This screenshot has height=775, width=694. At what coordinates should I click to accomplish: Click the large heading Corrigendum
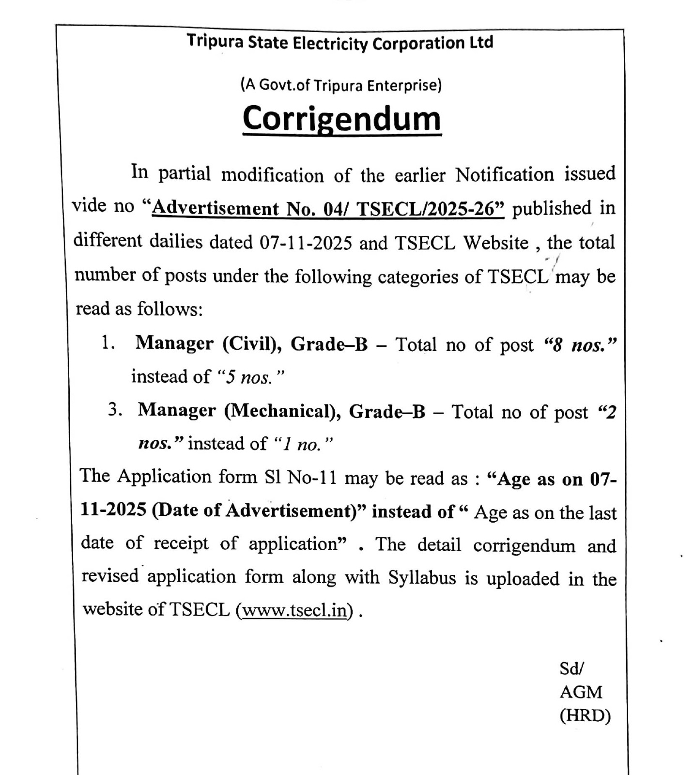342,119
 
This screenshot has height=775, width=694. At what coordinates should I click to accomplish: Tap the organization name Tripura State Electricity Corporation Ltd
340,43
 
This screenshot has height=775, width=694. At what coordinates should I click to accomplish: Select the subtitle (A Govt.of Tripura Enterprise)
341,85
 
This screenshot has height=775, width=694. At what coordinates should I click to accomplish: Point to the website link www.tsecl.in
294,610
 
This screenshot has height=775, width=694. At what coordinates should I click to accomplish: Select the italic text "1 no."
303,443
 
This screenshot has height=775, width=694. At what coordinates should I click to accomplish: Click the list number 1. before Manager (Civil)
108,343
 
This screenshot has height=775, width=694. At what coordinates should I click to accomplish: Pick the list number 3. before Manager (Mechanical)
115,410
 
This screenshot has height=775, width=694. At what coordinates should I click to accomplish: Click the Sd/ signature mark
571,669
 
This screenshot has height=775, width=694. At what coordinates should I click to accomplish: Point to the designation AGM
581,692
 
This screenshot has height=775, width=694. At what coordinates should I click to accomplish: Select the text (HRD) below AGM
585,715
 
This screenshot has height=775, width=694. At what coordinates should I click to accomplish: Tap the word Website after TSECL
495,242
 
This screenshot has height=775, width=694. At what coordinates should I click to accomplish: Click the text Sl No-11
300,477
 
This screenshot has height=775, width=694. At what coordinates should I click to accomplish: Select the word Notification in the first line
504,174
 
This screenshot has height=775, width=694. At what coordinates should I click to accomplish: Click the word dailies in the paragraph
176,241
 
